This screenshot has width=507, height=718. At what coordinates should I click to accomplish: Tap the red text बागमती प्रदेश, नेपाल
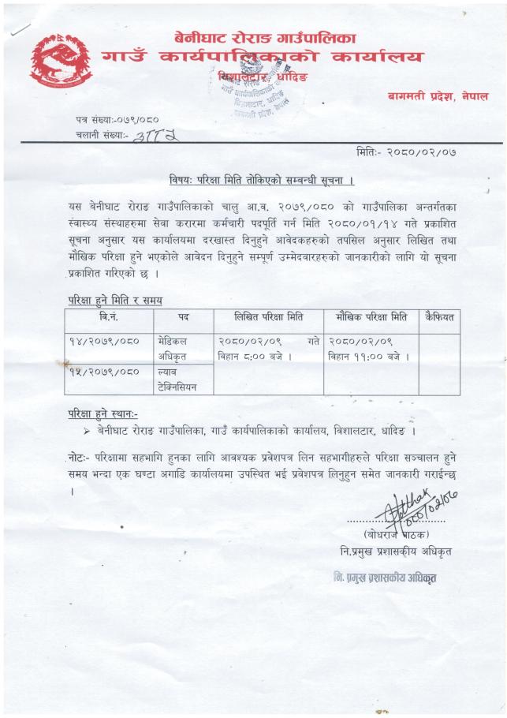(438, 95)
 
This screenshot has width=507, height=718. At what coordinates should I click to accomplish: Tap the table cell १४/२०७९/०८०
(106, 340)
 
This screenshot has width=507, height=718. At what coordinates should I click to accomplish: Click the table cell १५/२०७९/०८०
(106, 372)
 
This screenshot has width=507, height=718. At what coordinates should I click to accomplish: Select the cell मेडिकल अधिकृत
(177, 347)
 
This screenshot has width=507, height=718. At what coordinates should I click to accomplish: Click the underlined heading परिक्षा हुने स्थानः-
(103, 414)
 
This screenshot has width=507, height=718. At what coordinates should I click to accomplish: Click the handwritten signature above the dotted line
(410, 506)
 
